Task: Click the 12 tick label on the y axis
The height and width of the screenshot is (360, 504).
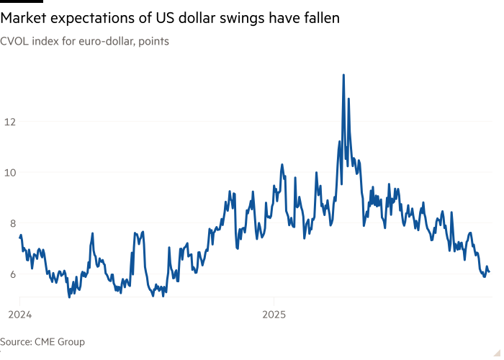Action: (9, 122)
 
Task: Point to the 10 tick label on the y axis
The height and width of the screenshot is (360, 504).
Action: (9, 172)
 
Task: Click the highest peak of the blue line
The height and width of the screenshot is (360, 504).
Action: (343, 74)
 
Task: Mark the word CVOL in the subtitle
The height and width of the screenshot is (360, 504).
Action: (14, 41)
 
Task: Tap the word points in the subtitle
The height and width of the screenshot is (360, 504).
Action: (153, 41)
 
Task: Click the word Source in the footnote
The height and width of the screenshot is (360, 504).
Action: (16, 342)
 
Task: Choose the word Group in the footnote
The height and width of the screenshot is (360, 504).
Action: (73, 342)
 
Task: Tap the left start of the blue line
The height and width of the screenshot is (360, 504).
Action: (19, 235)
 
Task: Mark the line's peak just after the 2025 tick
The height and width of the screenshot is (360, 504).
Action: (282, 165)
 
